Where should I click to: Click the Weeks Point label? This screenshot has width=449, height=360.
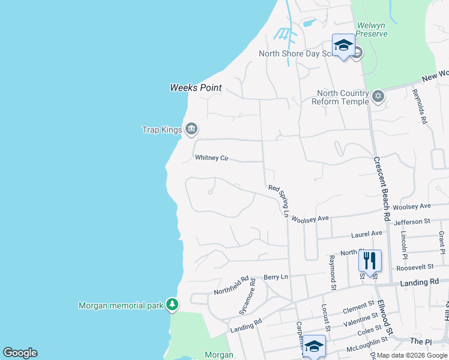click(x=196, y=88)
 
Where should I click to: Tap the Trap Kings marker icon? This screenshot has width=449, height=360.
click(x=191, y=128)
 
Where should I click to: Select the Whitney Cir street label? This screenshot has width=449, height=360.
click(x=212, y=158)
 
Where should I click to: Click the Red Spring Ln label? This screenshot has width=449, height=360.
click(x=280, y=200)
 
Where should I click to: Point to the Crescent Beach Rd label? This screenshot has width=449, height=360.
click(x=382, y=188)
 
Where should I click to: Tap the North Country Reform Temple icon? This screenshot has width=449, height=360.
click(x=378, y=96)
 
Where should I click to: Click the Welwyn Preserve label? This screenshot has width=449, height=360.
click(x=372, y=29)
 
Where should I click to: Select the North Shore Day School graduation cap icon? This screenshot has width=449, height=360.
click(x=343, y=46)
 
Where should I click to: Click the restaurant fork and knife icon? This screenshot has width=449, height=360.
click(x=370, y=260)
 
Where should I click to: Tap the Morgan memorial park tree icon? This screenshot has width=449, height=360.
click(x=172, y=305)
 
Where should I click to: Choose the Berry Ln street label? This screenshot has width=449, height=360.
click(x=276, y=278)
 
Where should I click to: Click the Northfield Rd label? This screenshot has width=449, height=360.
click(x=231, y=286)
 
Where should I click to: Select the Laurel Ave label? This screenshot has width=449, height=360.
click(x=368, y=233)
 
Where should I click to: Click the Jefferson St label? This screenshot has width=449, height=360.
click(x=412, y=222)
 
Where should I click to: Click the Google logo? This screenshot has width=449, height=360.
click(x=20, y=353)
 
